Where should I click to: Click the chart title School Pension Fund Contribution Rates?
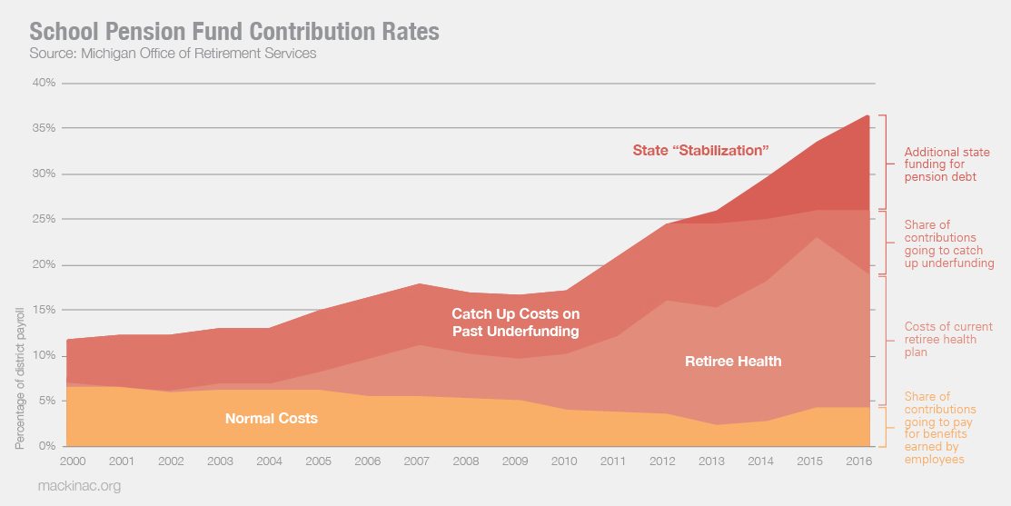click(234, 32)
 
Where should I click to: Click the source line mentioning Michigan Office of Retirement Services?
click(173, 54)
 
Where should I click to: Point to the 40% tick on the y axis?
click(45, 83)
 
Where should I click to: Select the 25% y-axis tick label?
click(45, 219)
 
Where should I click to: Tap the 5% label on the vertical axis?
click(47, 401)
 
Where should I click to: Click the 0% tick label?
click(47, 446)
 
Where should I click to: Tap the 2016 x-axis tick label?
click(859, 461)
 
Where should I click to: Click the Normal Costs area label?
click(271, 419)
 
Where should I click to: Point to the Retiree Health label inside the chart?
click(733, 362)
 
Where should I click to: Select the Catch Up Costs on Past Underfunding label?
click(515, 322)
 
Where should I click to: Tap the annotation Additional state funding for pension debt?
click(947, 164)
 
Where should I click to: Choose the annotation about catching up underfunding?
click(948, 244)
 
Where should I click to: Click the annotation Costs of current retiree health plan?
click(948, 339)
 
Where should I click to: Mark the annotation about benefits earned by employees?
click(945, 428)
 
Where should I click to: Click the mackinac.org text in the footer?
click(79, 486)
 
